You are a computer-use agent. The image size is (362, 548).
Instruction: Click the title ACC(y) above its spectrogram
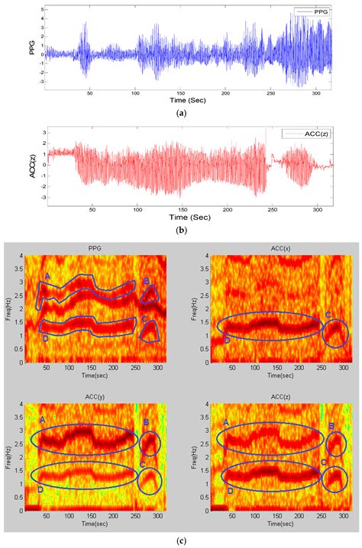tap(92, 393)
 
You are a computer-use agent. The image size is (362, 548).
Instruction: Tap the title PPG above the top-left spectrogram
tap(92, 247)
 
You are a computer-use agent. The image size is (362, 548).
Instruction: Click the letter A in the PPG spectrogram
tap(47, 276)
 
